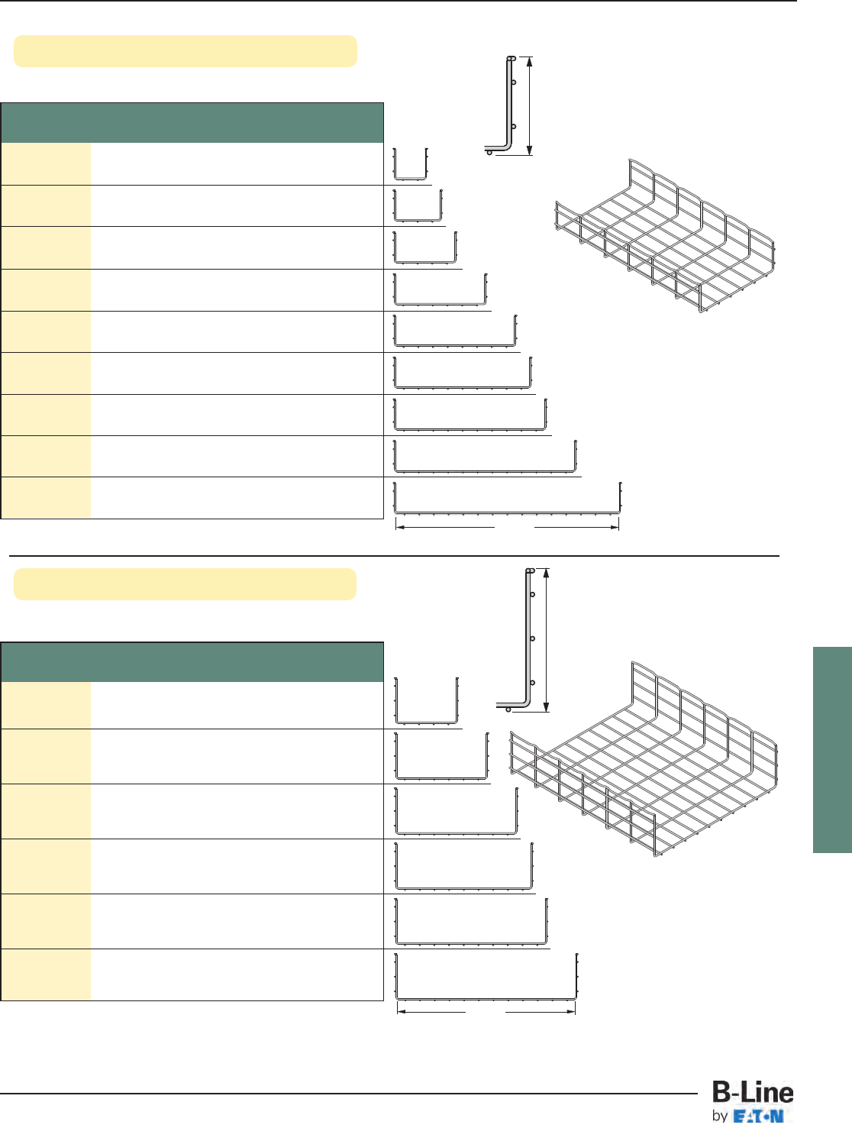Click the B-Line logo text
pyautogui.click(x=753, y=1093)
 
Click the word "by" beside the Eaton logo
pyautogui.click(x=719, y=1116)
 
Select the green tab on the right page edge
pyautogui.click(x=832, y=749)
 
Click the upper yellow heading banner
pyautogui.click(x=186, y=51)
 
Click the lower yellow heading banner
pyautogui.click(x=186, y=584)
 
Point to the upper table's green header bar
pyautogui.click(x=192, y=123)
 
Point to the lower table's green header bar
pyautogui.click(x=192, y=662)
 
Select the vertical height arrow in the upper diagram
pyautogui.click(x=529, y=105)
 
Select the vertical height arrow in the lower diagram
pyautogui.click(x=547, y=640)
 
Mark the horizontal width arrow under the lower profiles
pyautogui.click(x=486, y=1013)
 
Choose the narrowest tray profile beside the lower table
pyautogui.click(x=426, y=701)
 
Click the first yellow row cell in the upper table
pyautogui.click(x=46, y=163)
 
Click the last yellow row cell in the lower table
pyautogui.click(x=46, y=974)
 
